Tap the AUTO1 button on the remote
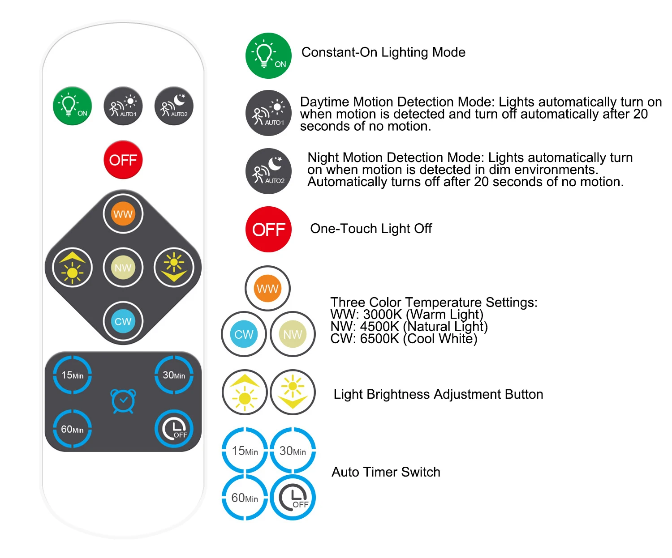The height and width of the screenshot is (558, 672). (123, 106)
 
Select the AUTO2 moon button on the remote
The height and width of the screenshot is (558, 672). (174, 106)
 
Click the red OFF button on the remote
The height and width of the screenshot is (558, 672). (123, 160)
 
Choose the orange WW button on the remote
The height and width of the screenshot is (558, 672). (123, 214)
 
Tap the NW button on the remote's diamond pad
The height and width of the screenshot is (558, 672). (123, 268)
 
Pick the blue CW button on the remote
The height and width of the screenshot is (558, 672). (123, 321)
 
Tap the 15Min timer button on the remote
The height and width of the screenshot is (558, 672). (73, 375)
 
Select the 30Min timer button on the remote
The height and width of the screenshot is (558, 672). (174, 375)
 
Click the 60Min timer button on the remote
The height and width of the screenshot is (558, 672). (73, 429)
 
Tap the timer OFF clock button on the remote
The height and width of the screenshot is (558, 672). (174, 429)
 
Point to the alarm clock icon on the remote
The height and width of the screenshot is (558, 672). (123, 401)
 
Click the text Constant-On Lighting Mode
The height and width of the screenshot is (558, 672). (383, 52)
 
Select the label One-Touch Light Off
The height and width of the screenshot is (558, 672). (371, 229)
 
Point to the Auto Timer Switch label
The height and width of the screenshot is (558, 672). (386, 472)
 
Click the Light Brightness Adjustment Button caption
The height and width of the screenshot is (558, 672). (438, 394)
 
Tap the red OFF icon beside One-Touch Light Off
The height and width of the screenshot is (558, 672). (268, 230)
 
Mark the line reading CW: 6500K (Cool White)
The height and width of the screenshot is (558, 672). (404, 339)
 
